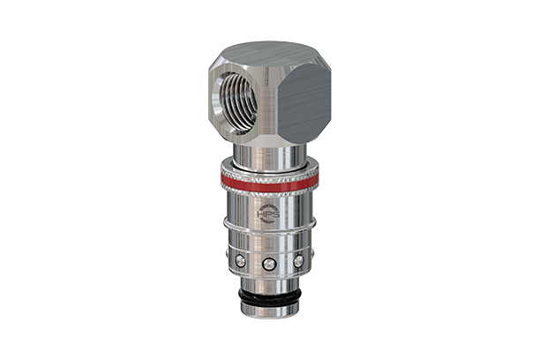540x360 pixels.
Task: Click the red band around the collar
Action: pyautogui.click(x=269, y=183)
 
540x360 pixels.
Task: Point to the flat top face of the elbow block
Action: pyautogui.click(x=270, y=52)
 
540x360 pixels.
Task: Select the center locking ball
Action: pyautogui.click(x=270, y=264)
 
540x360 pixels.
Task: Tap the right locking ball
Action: pyautogui.click(x=298, y=260)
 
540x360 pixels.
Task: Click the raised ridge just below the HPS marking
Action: pyautogui.click(x=270, y=231)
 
